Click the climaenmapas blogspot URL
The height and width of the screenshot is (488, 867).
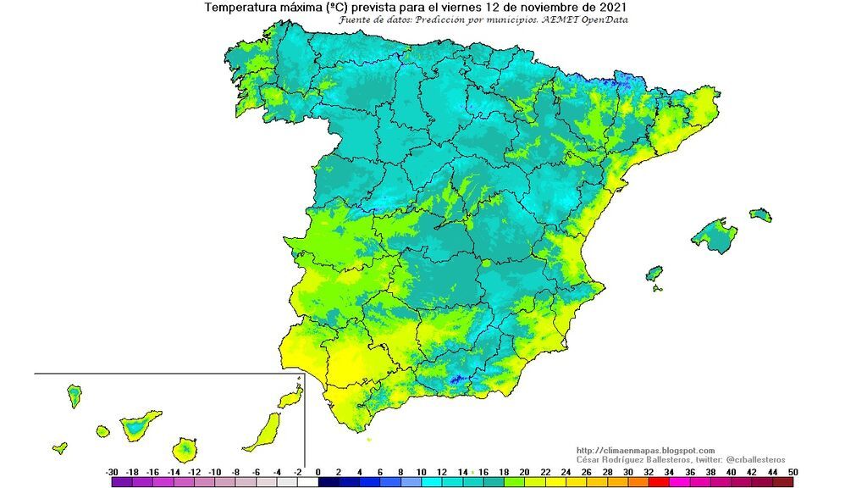point(645,451)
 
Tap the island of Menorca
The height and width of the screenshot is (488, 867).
point(760,213)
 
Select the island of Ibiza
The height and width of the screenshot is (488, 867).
point(654,274)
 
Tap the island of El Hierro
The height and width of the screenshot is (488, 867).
point(59,447)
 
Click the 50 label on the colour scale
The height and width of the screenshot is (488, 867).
point(793,471)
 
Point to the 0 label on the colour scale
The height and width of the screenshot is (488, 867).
point(318,471)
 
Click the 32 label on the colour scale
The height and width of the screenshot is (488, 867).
point(649,471)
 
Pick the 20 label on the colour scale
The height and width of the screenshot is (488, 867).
point(525,471)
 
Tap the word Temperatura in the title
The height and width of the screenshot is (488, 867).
point(242,8)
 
